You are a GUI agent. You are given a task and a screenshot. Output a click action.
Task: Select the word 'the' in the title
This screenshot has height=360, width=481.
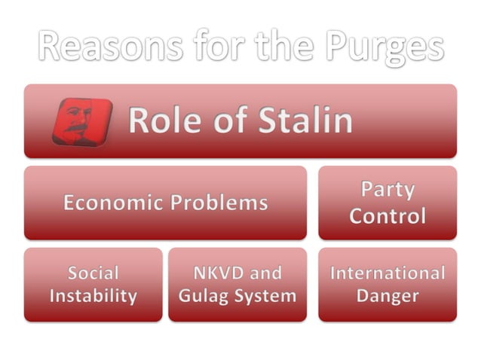[283, 47]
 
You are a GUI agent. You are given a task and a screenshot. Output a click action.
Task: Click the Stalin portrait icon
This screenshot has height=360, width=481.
[82, 121]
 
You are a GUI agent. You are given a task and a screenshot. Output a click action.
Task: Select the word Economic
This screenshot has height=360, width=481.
[111, 203]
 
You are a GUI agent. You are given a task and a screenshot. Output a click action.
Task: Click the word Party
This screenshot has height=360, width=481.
[388, 190]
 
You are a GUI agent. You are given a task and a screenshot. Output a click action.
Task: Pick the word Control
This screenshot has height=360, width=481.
[388, 217]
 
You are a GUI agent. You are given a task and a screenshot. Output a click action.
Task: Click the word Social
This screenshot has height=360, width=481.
[93, 272]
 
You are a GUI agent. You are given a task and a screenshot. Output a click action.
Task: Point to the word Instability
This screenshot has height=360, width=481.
[93, 296]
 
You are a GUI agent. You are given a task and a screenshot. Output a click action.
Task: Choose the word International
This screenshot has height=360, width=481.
[388, 272]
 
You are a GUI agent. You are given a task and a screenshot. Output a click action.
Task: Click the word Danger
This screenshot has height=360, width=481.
[388, 296]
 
